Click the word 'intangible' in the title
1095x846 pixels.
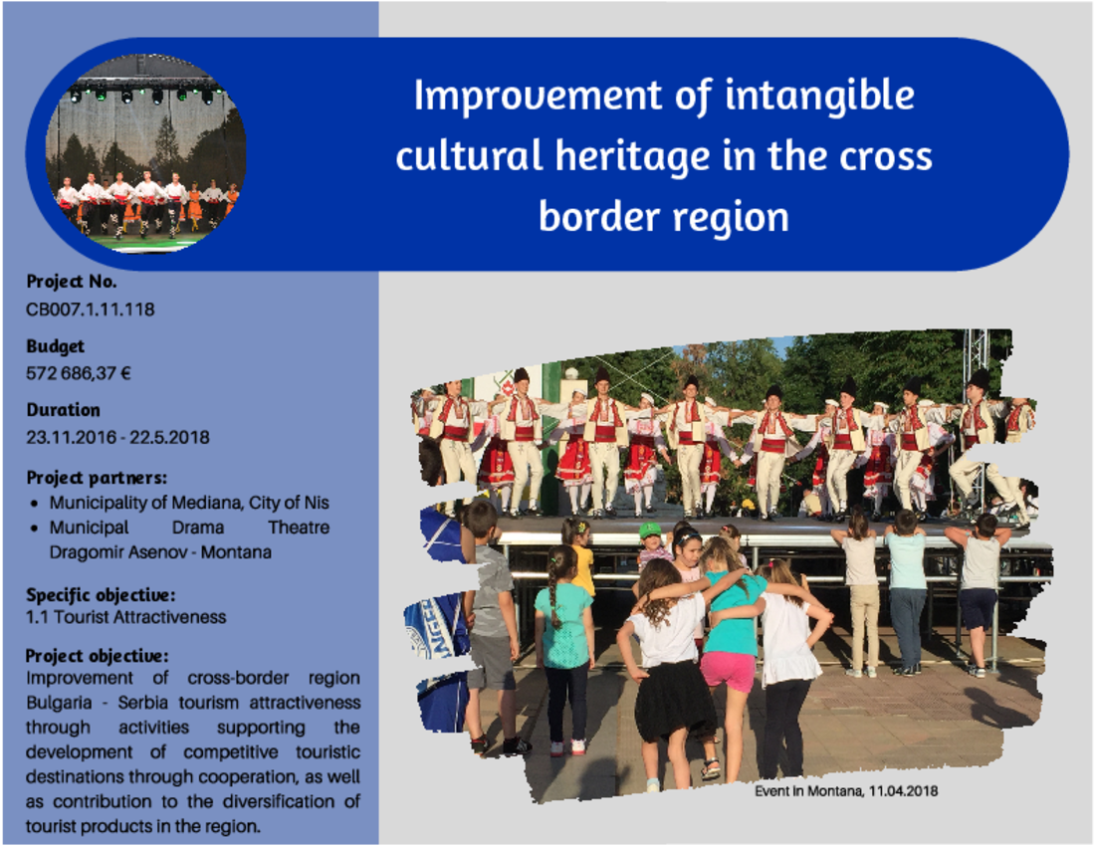click(x=820, y=97)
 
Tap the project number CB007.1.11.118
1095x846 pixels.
click(x=90, y=310)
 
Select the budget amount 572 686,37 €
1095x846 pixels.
click(x=79, y=373)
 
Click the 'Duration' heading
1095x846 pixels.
click(x=64, y=410)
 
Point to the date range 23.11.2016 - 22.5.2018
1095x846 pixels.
click(x=117, y=438)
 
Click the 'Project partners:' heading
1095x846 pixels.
click(x=97, y=478)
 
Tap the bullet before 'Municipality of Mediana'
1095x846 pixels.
click(x=34, y=504)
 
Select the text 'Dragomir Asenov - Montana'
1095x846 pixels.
click(x=160, y=552)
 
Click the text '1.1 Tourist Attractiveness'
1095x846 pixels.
click(x=125, y=617)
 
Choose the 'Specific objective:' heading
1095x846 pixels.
click(x=101, y=595)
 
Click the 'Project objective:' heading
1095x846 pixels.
click(x=98, y=656)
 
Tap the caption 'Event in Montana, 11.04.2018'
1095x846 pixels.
click(x=846, y=791)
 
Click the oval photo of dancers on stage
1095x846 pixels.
click(x=146, y=153)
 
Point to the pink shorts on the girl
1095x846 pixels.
click(x=728, y=671)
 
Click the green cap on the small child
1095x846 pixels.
click(x=650, y=530)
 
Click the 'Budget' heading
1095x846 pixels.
click(x=55, y=347)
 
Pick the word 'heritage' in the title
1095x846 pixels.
click(x=633, y=157)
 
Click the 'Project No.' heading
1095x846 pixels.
click(x=72, y=282)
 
